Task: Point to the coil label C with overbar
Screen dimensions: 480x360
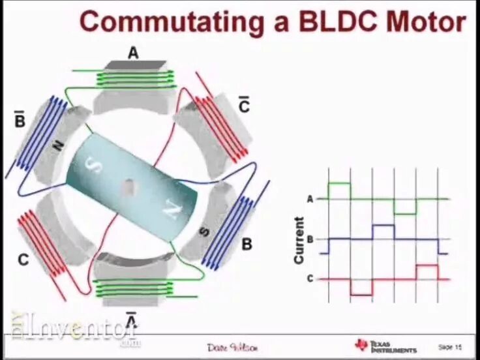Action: pyautogui.click(x=244, y=105)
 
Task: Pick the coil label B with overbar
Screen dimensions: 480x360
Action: pyautogui.click(x=20, y=119)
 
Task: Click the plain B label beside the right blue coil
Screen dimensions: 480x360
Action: pyautogui.click(x=247, y=245)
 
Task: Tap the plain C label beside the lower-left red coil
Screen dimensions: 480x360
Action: pyautogui.click(x=23, y=260)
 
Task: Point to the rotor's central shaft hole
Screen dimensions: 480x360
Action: pyautogui.click(x=129, y=188)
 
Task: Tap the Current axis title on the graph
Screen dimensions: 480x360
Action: pyautogui.click(x=299, y=240)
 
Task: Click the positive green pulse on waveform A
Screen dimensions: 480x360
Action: pyautogui.click(x=339, y=190)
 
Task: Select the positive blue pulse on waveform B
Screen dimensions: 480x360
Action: pyautogui.click(x=383, y=232)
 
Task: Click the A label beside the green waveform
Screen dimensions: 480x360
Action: pyautogui.click(x=310, y=199)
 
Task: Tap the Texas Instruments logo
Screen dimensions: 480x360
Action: pyautogui.click(x=385, y=346)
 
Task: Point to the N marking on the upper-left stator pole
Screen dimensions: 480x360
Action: pyautogui.click(x=57, y=147)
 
